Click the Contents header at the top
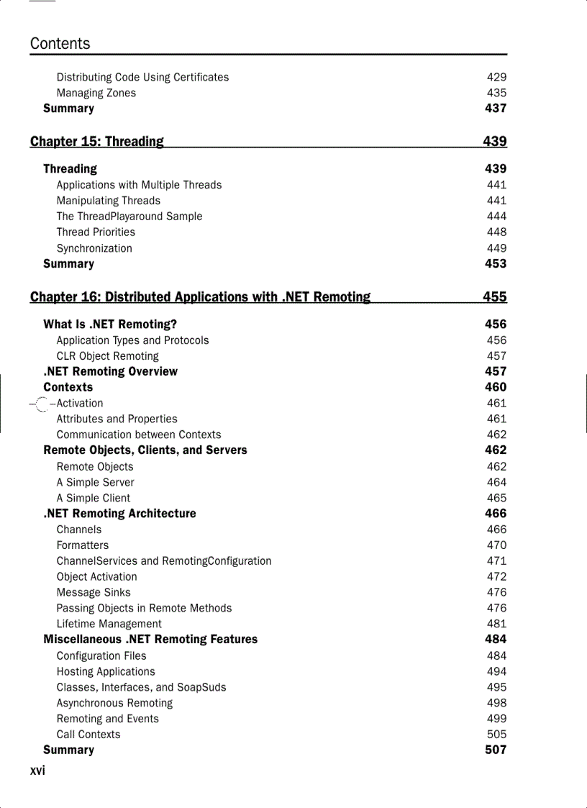point(60,44)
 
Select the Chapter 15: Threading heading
point(97,142)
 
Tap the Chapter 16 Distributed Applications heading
point(200,297)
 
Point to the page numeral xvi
point(37,771)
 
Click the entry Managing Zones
point(96,93)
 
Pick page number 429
point(496,77)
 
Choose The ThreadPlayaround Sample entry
point(129,217)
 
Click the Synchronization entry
point(94,248)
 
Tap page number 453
point(496,264)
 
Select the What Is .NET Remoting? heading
point(110,324)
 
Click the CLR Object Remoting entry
point(107,356)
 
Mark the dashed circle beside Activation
point(42,404)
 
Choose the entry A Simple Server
point(95,483)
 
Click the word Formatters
point(83,545)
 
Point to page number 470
point(496,545)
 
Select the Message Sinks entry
point(94,593)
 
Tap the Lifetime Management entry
point(109,625)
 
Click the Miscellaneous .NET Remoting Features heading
point(150,640)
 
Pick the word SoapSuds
point(203,687)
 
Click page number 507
point(496,750)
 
